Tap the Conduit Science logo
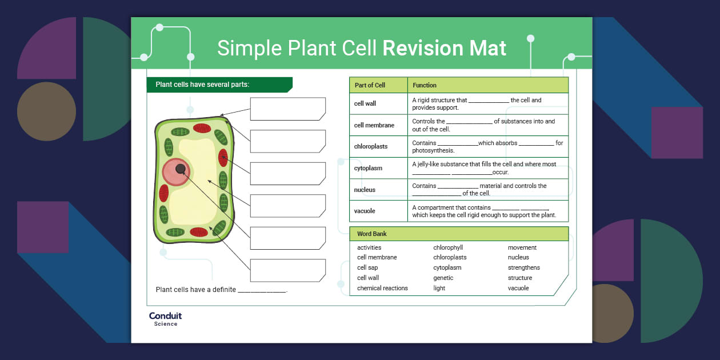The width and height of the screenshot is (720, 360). pyautogui.click(x=165, y=319)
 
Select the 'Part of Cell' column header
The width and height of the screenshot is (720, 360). pyautogui.click(x=370, y=85)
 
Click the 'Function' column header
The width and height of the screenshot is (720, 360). pyautogui.click(x=425, y=85)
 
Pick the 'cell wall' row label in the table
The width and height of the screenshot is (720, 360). pyautogui.click(x=365, y=103)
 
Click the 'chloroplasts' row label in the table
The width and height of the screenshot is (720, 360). pyautogui.click(x=371, y=146)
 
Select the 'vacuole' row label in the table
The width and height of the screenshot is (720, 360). pyautogui.click(x=365, y=211)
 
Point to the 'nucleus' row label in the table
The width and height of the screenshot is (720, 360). pyautogui.click(x=365, y=190)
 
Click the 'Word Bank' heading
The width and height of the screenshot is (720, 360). pyautogui.click(x=372, y=234)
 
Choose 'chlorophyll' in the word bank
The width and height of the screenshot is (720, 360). pyautogui.click(x=448, y=247)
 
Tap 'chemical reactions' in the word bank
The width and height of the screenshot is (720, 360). pyautogui.click(x=382, y=288)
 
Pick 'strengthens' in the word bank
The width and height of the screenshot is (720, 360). pyautogui.click(x=523, y=267)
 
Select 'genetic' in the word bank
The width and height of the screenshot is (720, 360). pyautogui.click(x=443, y=278)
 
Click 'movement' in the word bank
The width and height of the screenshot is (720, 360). pyautogui.click(x=522, y=247)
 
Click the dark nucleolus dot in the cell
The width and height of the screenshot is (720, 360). pyautogui.click(x=181, y=169)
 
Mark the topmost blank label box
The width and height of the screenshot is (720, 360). pyautogui.click(x=287, y=109)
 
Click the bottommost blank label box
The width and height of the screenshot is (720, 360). pyautogui.click(x=287, y=270)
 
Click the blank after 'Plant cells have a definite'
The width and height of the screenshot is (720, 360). pyautogui.click(x=262, y=290)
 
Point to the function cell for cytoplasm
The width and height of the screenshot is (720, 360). pyautogui.click(x=487, y=168)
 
